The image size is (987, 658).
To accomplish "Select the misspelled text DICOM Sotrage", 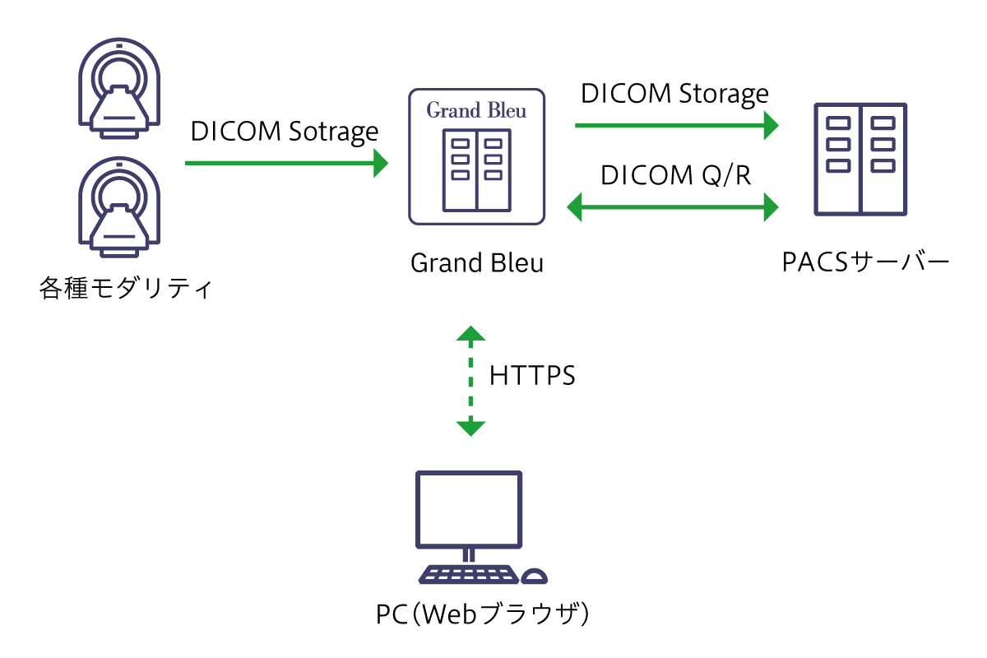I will (x=285, y=132).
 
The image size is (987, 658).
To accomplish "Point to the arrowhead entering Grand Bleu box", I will (x=382, y=163).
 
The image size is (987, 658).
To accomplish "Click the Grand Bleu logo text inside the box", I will (x=476, y=110).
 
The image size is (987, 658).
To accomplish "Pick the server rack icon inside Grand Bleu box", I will (x=477, y=169).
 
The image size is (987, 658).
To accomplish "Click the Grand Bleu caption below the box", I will (x=477, y=263).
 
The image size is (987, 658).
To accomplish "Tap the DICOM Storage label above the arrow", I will (x=674, y=93).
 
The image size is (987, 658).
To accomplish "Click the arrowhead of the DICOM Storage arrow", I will (x=771, y=126).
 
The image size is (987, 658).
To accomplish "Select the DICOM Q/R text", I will (x=675, y=175).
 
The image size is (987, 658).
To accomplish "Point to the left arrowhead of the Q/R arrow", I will (x=575, y=206).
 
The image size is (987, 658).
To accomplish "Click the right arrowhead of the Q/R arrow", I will (x=771, y=206).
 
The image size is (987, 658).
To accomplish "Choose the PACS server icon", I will (x=860, y=159).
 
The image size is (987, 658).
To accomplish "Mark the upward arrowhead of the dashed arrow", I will (x=470, y=333).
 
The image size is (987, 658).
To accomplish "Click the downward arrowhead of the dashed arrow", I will (x=470, y=428).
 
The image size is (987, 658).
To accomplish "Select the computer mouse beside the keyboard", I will (x=535, y=576).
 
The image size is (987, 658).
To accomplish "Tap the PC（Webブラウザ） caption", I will (x=483, y=614).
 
